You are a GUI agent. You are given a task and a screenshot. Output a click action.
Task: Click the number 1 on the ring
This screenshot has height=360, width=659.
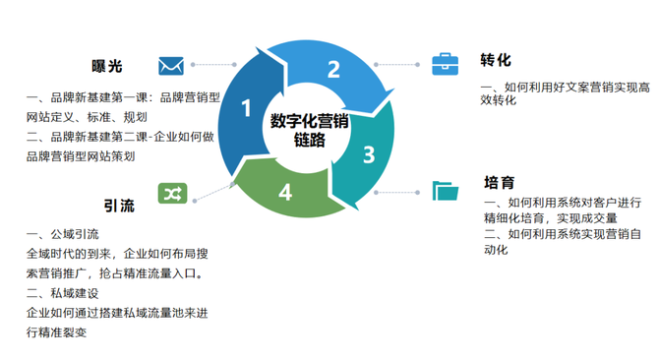[x=246, y=108]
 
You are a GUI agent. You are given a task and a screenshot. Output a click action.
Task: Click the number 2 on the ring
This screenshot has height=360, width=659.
[x=333, y=69]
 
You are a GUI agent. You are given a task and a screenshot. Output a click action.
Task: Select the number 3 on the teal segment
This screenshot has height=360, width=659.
[x=369, y=154]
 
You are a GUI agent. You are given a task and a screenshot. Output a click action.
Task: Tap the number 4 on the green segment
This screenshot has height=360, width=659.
[x=285, y=192]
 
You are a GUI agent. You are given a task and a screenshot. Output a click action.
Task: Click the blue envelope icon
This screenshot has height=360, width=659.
[x=172, y=66]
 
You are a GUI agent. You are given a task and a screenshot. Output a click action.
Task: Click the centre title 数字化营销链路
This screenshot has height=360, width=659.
[x=310, y=130]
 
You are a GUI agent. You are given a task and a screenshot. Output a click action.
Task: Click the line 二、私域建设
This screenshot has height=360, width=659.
[x=64, y=292]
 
